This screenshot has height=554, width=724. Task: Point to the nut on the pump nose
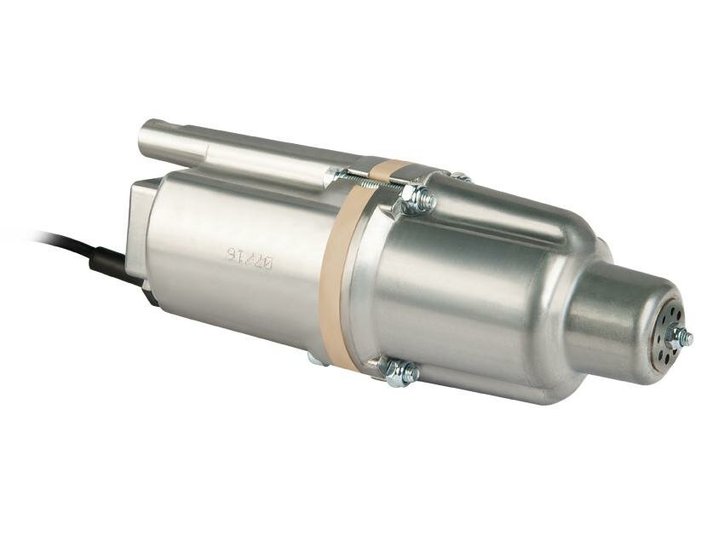click(679, 337)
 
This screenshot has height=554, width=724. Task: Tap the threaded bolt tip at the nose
click(688, 338)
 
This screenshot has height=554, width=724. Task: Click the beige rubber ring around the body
click(336, 273)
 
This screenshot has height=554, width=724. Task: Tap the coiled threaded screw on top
click(366, 179)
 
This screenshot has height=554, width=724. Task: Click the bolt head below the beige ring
click(315, 359)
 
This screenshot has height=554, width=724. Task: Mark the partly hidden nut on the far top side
click(460, 177)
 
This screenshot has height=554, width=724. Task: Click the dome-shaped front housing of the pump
click(477, 290)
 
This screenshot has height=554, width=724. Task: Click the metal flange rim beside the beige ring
click(362, 281)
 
